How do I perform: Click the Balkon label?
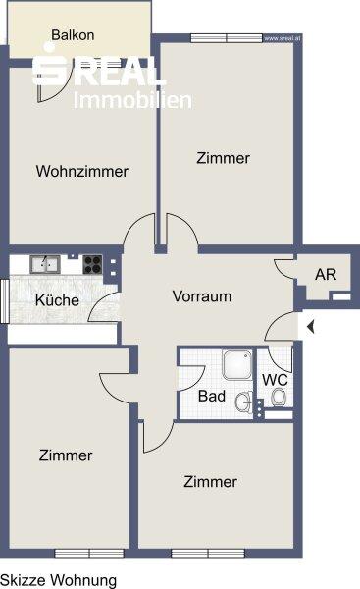point(74,35)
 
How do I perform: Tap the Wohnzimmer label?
point(82,172)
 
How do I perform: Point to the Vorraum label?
point(201,295)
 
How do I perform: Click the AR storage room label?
point(325,274)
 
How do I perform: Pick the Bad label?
point(211,397)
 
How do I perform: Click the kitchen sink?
point(45,263)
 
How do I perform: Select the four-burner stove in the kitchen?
point(92,263)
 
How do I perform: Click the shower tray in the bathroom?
point(236,365)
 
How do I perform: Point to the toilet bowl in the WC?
point(280,399)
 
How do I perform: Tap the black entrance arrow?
point(308,327)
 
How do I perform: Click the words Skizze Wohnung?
point(58,580)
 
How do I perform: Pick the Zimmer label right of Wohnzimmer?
point(223,157)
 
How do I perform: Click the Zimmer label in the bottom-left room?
point(66,455)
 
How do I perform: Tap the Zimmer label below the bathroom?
point(210,482)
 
